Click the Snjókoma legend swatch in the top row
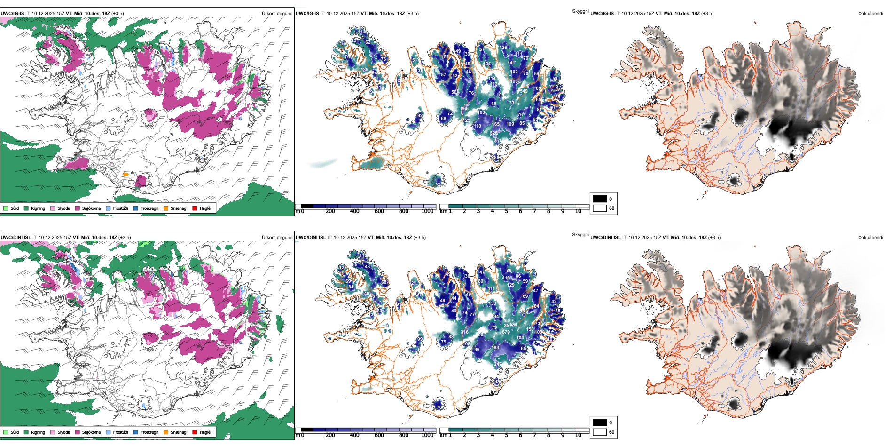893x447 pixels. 78,208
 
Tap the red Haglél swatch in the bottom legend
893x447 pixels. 195,432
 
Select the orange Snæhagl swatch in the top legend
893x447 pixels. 166,208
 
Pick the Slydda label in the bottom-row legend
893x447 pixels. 63,432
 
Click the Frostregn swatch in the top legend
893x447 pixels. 136,208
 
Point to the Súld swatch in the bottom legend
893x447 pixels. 6,432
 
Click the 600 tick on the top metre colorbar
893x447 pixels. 379,211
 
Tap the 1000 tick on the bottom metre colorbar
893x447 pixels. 427,435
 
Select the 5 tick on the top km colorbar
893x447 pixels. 506,211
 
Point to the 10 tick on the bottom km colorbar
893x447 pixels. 578,435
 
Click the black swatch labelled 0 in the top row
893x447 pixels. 600,199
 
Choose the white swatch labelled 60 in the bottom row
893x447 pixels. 600,432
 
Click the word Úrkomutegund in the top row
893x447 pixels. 277,14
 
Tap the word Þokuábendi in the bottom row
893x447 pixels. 870,238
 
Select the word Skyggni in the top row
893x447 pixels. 580,11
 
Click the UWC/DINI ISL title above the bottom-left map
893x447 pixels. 16,238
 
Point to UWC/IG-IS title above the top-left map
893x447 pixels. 12,14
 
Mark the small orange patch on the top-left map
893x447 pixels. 125,175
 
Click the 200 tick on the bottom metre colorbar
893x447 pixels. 330,435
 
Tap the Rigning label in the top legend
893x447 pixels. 38,208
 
